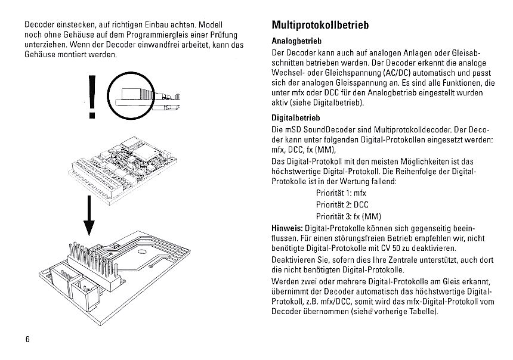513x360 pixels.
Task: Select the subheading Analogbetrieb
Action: (296, 42)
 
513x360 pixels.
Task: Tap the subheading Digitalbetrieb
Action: (296, 118)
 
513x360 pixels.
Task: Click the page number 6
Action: (27, 339)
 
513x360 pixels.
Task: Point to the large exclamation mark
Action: (91, 97)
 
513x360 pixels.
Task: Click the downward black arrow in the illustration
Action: (89, 217)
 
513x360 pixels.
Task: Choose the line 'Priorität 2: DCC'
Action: (342, 204)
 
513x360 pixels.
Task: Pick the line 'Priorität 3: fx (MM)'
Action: (348, 216)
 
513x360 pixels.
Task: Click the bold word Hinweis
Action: (287, 227)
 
